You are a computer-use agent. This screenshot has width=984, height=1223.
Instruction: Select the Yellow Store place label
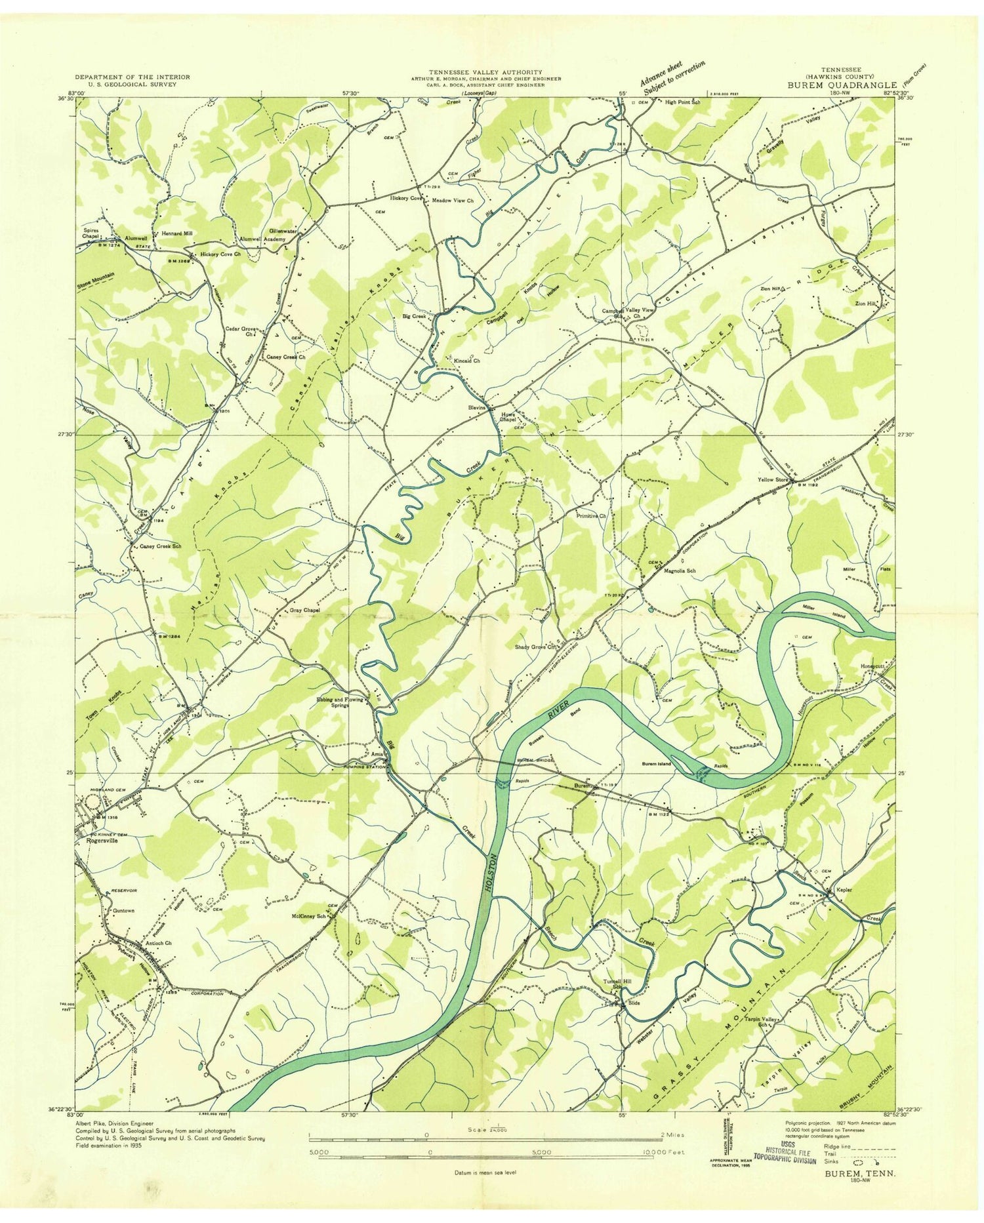(x=772, y=480)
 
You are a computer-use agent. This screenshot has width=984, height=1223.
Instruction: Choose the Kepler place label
(x=844, y=890)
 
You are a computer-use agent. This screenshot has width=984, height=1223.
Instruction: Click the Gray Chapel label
(x=304, y=610)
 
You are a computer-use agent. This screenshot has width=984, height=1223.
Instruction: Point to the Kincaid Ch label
(x=466, y=361)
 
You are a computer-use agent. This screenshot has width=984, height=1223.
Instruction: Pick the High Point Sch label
(x=682, y=102)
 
